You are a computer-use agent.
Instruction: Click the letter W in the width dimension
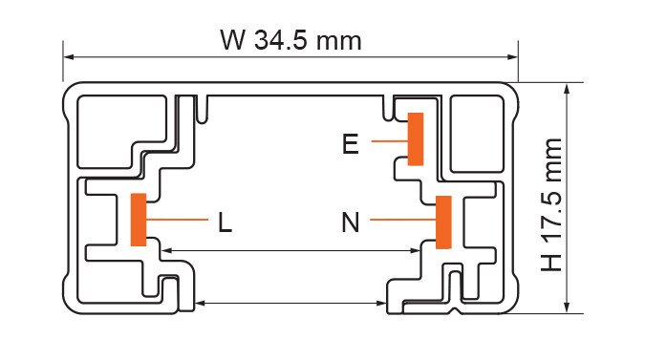(233, 40)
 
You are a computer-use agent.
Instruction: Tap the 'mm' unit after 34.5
(339, 42)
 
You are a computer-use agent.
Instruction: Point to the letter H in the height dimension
(551, 263)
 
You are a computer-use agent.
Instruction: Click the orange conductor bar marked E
(416, 138)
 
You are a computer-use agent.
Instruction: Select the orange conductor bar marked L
(139, 220)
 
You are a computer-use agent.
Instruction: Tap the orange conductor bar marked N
(443, 222)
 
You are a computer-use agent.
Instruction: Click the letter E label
(351, 144)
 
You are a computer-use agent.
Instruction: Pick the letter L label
(225, 223)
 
